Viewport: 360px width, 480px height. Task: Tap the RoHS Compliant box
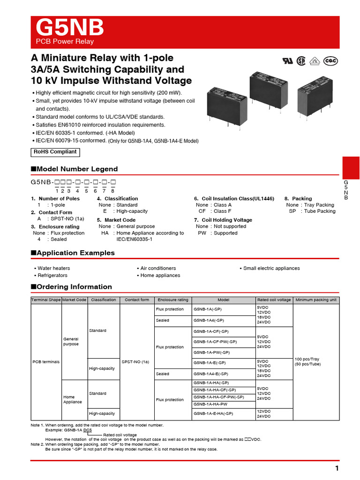click(55, 152)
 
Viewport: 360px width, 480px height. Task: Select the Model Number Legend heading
click(74, 169)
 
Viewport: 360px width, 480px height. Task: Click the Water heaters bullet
click(52, 268)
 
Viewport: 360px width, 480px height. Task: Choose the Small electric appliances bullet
click(271, 268)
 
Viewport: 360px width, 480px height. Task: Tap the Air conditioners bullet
click(158, 268)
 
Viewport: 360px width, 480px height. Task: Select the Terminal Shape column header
click(46, 300)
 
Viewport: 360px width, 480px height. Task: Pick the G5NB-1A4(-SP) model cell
click(209, 321)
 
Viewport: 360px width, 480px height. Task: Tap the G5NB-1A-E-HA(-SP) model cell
click(213, 413)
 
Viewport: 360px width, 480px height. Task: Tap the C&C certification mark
click(331, 61)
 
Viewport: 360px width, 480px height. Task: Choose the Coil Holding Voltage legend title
click(223, 220)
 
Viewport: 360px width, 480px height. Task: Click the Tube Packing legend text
click(318, 211)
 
